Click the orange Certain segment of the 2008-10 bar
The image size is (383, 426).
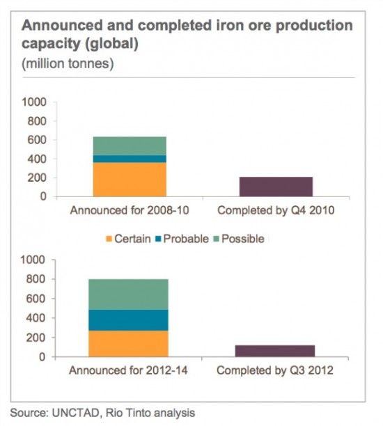point(130,179)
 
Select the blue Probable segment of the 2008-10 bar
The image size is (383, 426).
point(130,159)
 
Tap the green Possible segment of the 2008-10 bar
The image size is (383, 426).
point(130,145)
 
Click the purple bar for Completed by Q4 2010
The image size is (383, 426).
point(276,187)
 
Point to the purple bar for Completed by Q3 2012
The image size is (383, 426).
point(276,351)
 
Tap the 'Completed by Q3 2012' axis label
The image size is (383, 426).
point(275,370)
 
